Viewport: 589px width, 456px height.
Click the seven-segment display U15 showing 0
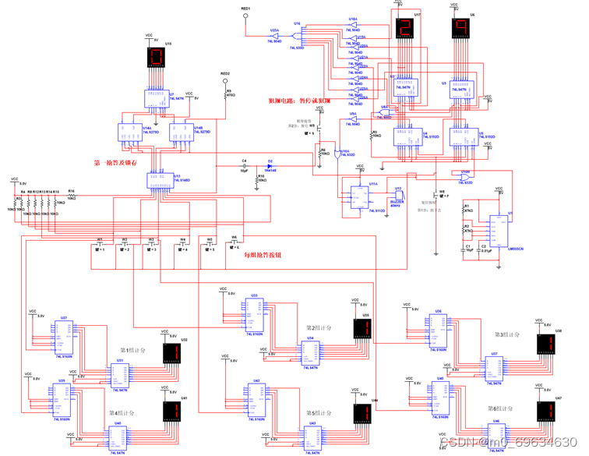pyautogui.click(x=155, y=58)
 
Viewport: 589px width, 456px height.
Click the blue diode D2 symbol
pyautogui.click(x=270, y=165)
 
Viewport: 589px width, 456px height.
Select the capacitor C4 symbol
pyautogui.click(x=244, y=165)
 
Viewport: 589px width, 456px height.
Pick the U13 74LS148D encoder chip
pyautogui.click(x=170, y=181)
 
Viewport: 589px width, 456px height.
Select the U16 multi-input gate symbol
pyautogui.click(x=298, y=35)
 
